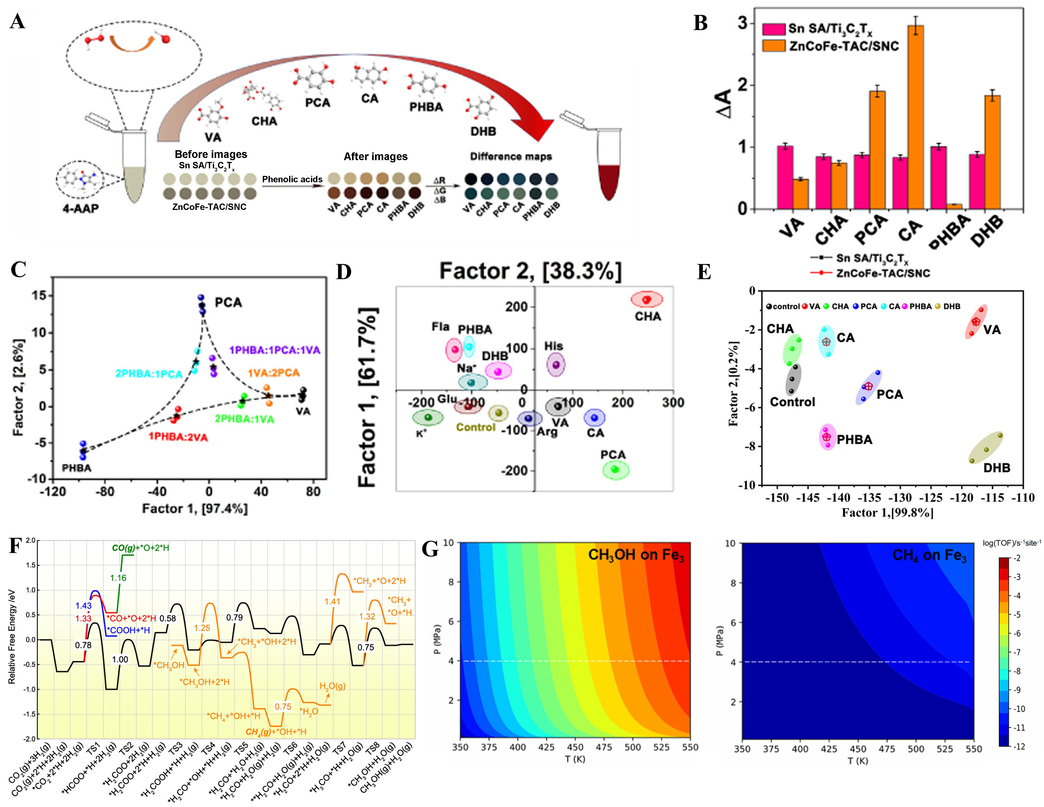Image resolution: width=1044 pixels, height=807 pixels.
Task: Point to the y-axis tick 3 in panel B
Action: pyautogui.click(x=742, y=23)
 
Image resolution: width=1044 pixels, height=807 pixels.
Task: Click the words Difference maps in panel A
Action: pyautogui.click(x=511, y=156)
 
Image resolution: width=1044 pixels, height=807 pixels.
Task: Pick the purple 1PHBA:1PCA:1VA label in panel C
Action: pyautogui.click(x=274, y=350)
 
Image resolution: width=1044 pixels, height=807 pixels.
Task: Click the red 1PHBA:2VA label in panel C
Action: pyautogui.click(x=178, y=437)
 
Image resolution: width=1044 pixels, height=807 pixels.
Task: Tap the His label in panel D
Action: pyautogui.click(x=554, y=346)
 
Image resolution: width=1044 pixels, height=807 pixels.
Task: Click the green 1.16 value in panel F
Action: pyautogui.click(x=118, y=578)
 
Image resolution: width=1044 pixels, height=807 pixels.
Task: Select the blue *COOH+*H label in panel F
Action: pyautogui.click(x=128, y=630)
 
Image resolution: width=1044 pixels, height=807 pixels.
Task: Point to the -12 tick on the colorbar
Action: pyautogui.click(x=1019, y=746)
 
